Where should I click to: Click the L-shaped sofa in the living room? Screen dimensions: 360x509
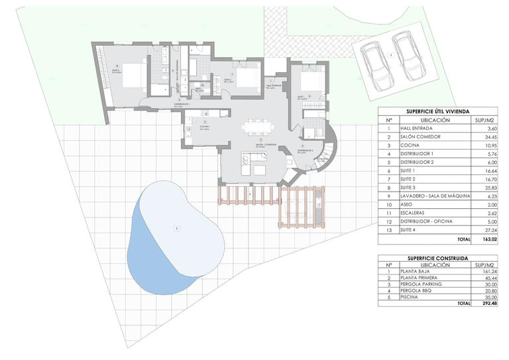tap(252, 162)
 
